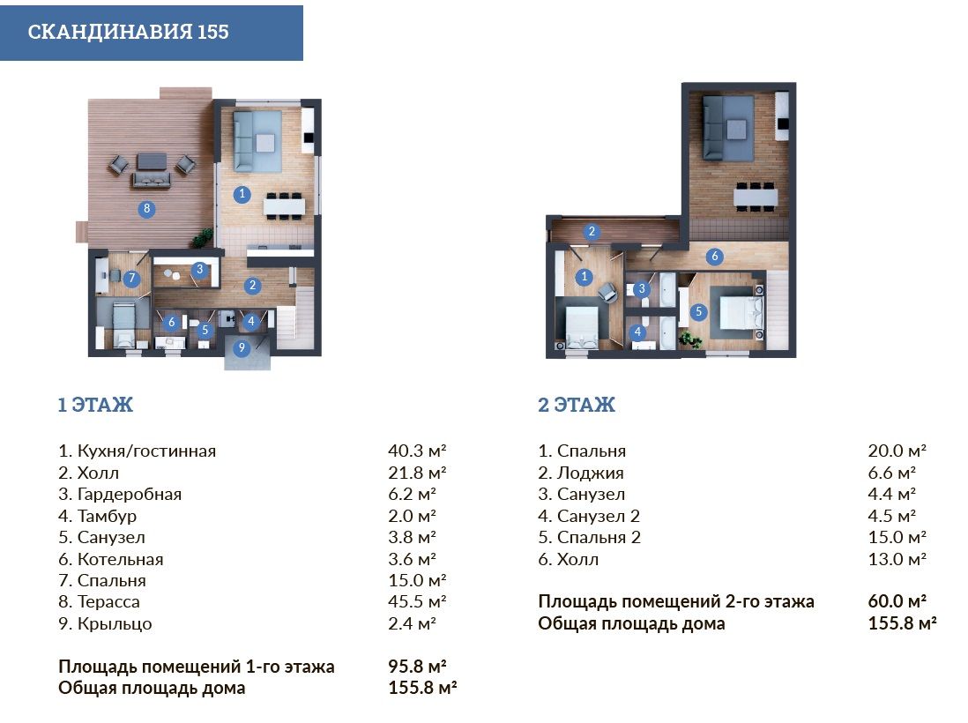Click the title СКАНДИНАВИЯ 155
[x=129, y=32]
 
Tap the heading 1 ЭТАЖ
[x=96, y=405]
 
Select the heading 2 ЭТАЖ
[x=577, y=405]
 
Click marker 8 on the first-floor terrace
[x=146, y=209]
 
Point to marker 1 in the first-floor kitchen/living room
[x=242, y=194]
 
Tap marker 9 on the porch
[x=242, y=347]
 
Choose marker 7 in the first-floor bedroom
[x=130, y=279]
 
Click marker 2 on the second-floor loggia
[x=592, y=232]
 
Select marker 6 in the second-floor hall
[x=715, y=257]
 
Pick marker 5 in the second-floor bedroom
[x=698, y=312]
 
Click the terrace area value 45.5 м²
[x=417, y=601]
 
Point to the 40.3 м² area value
[x=417, y=451]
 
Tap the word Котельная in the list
[x=121, y=559]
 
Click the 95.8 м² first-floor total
[x=417, y=667]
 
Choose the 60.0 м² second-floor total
[x=897, y=601]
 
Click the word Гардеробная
[x=129, y=495]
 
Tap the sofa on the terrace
[x=151, y=180]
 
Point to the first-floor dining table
[x=284, y=205]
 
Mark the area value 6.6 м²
[x=891, y=473]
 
